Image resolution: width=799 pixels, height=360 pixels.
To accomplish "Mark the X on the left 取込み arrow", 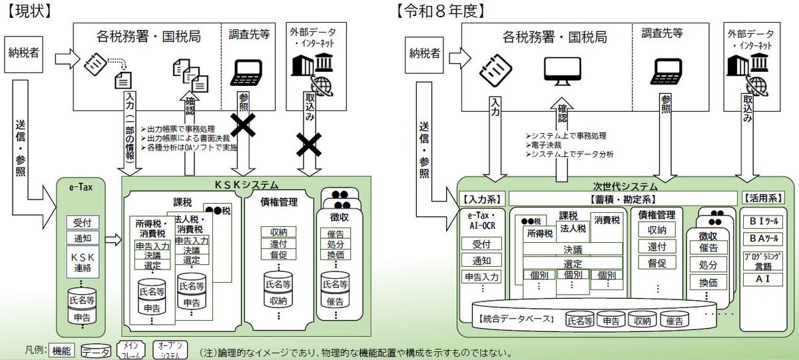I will pos(308,142).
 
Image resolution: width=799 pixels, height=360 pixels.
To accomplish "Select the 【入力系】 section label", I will pos(481,198).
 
